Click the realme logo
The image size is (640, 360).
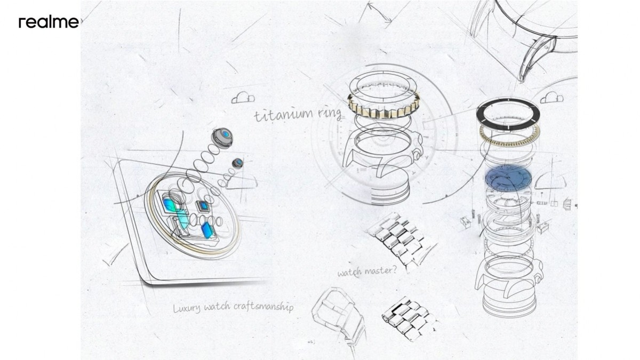(49, 22)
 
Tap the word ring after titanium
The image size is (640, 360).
(330, 114)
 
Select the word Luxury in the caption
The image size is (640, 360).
(187, 308)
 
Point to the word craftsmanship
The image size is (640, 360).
(263, 307)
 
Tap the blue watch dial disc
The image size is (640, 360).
(508, 178)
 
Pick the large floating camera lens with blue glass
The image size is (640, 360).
(222, 138)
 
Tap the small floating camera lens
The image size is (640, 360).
(238, 163)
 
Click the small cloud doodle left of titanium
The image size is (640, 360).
(243, 98)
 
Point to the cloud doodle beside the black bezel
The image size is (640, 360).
(551, 98)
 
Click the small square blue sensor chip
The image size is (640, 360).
(203, 206)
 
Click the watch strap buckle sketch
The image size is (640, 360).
(337, 310)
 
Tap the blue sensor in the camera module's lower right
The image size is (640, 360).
(207, 230)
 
